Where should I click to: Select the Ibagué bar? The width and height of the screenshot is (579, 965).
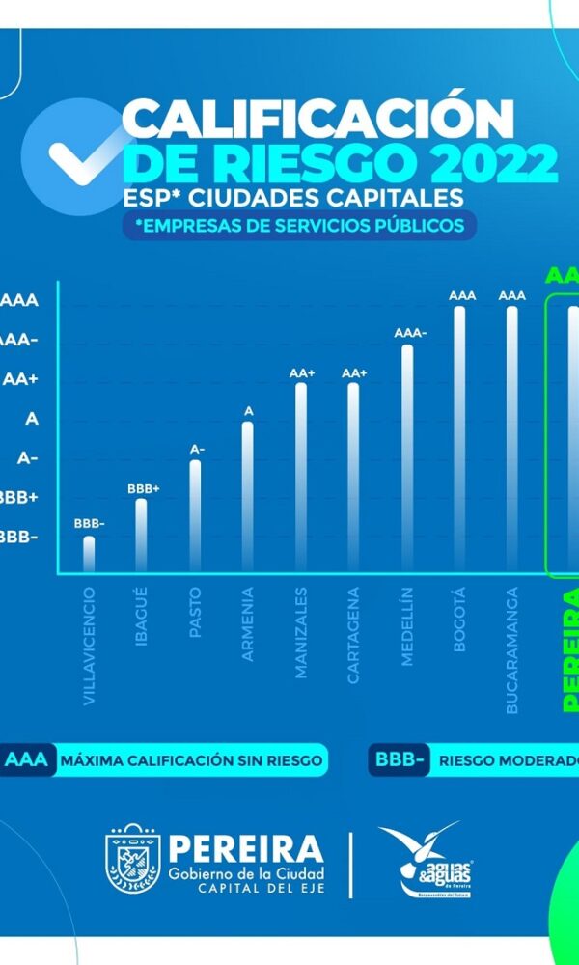pyautogui.click(x=142, y=534)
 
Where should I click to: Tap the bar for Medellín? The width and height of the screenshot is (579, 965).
pyautogui.click(x=407, y=456)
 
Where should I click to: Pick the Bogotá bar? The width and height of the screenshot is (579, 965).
pyautogui.click(x=459, y=437)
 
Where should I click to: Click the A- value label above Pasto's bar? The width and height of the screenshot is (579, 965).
pyautogui.click(x=197, y=450)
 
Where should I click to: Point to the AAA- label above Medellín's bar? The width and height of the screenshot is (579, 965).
pyautogui.click(x=410, y=333)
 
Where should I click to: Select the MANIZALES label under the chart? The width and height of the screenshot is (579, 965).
pyautogui.click(x=301, y=632)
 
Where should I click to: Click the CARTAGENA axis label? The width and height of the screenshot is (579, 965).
pyautogui.click(x=353, y=635)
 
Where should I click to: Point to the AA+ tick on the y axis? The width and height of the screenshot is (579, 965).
pyautogui.click(x=20, y=379)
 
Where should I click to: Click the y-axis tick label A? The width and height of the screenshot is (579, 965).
pyautogui.click(x=32, y=419)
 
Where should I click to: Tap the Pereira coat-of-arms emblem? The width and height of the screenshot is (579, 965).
pyautogui.click(x=133, y=859)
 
